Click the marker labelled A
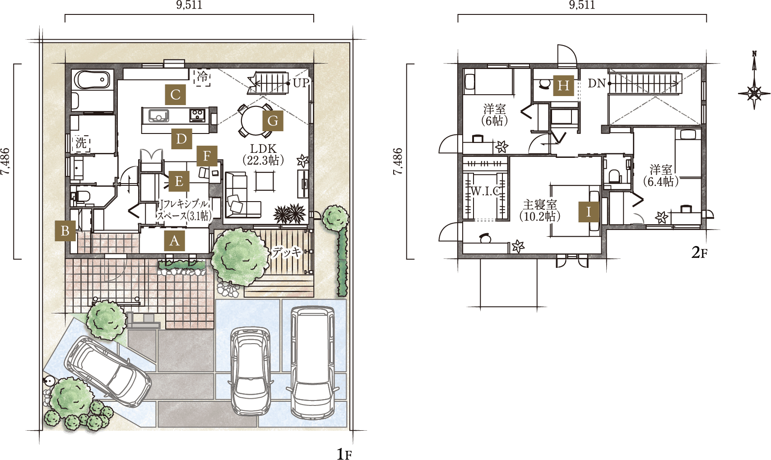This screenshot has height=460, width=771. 175,241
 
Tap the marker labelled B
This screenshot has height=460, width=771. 65,231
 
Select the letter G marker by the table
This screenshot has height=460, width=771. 273,121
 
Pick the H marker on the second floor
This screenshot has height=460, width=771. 563,86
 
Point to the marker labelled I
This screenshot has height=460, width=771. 589,212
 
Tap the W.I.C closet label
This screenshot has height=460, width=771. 485,191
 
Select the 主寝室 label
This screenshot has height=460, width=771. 540,205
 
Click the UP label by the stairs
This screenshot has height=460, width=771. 301,83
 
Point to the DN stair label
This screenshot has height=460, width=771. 596,83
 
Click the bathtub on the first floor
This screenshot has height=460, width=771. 93,80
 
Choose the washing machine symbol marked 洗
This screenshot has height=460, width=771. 81,143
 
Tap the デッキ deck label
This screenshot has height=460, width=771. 286,252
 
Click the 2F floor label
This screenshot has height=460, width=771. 699,253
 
